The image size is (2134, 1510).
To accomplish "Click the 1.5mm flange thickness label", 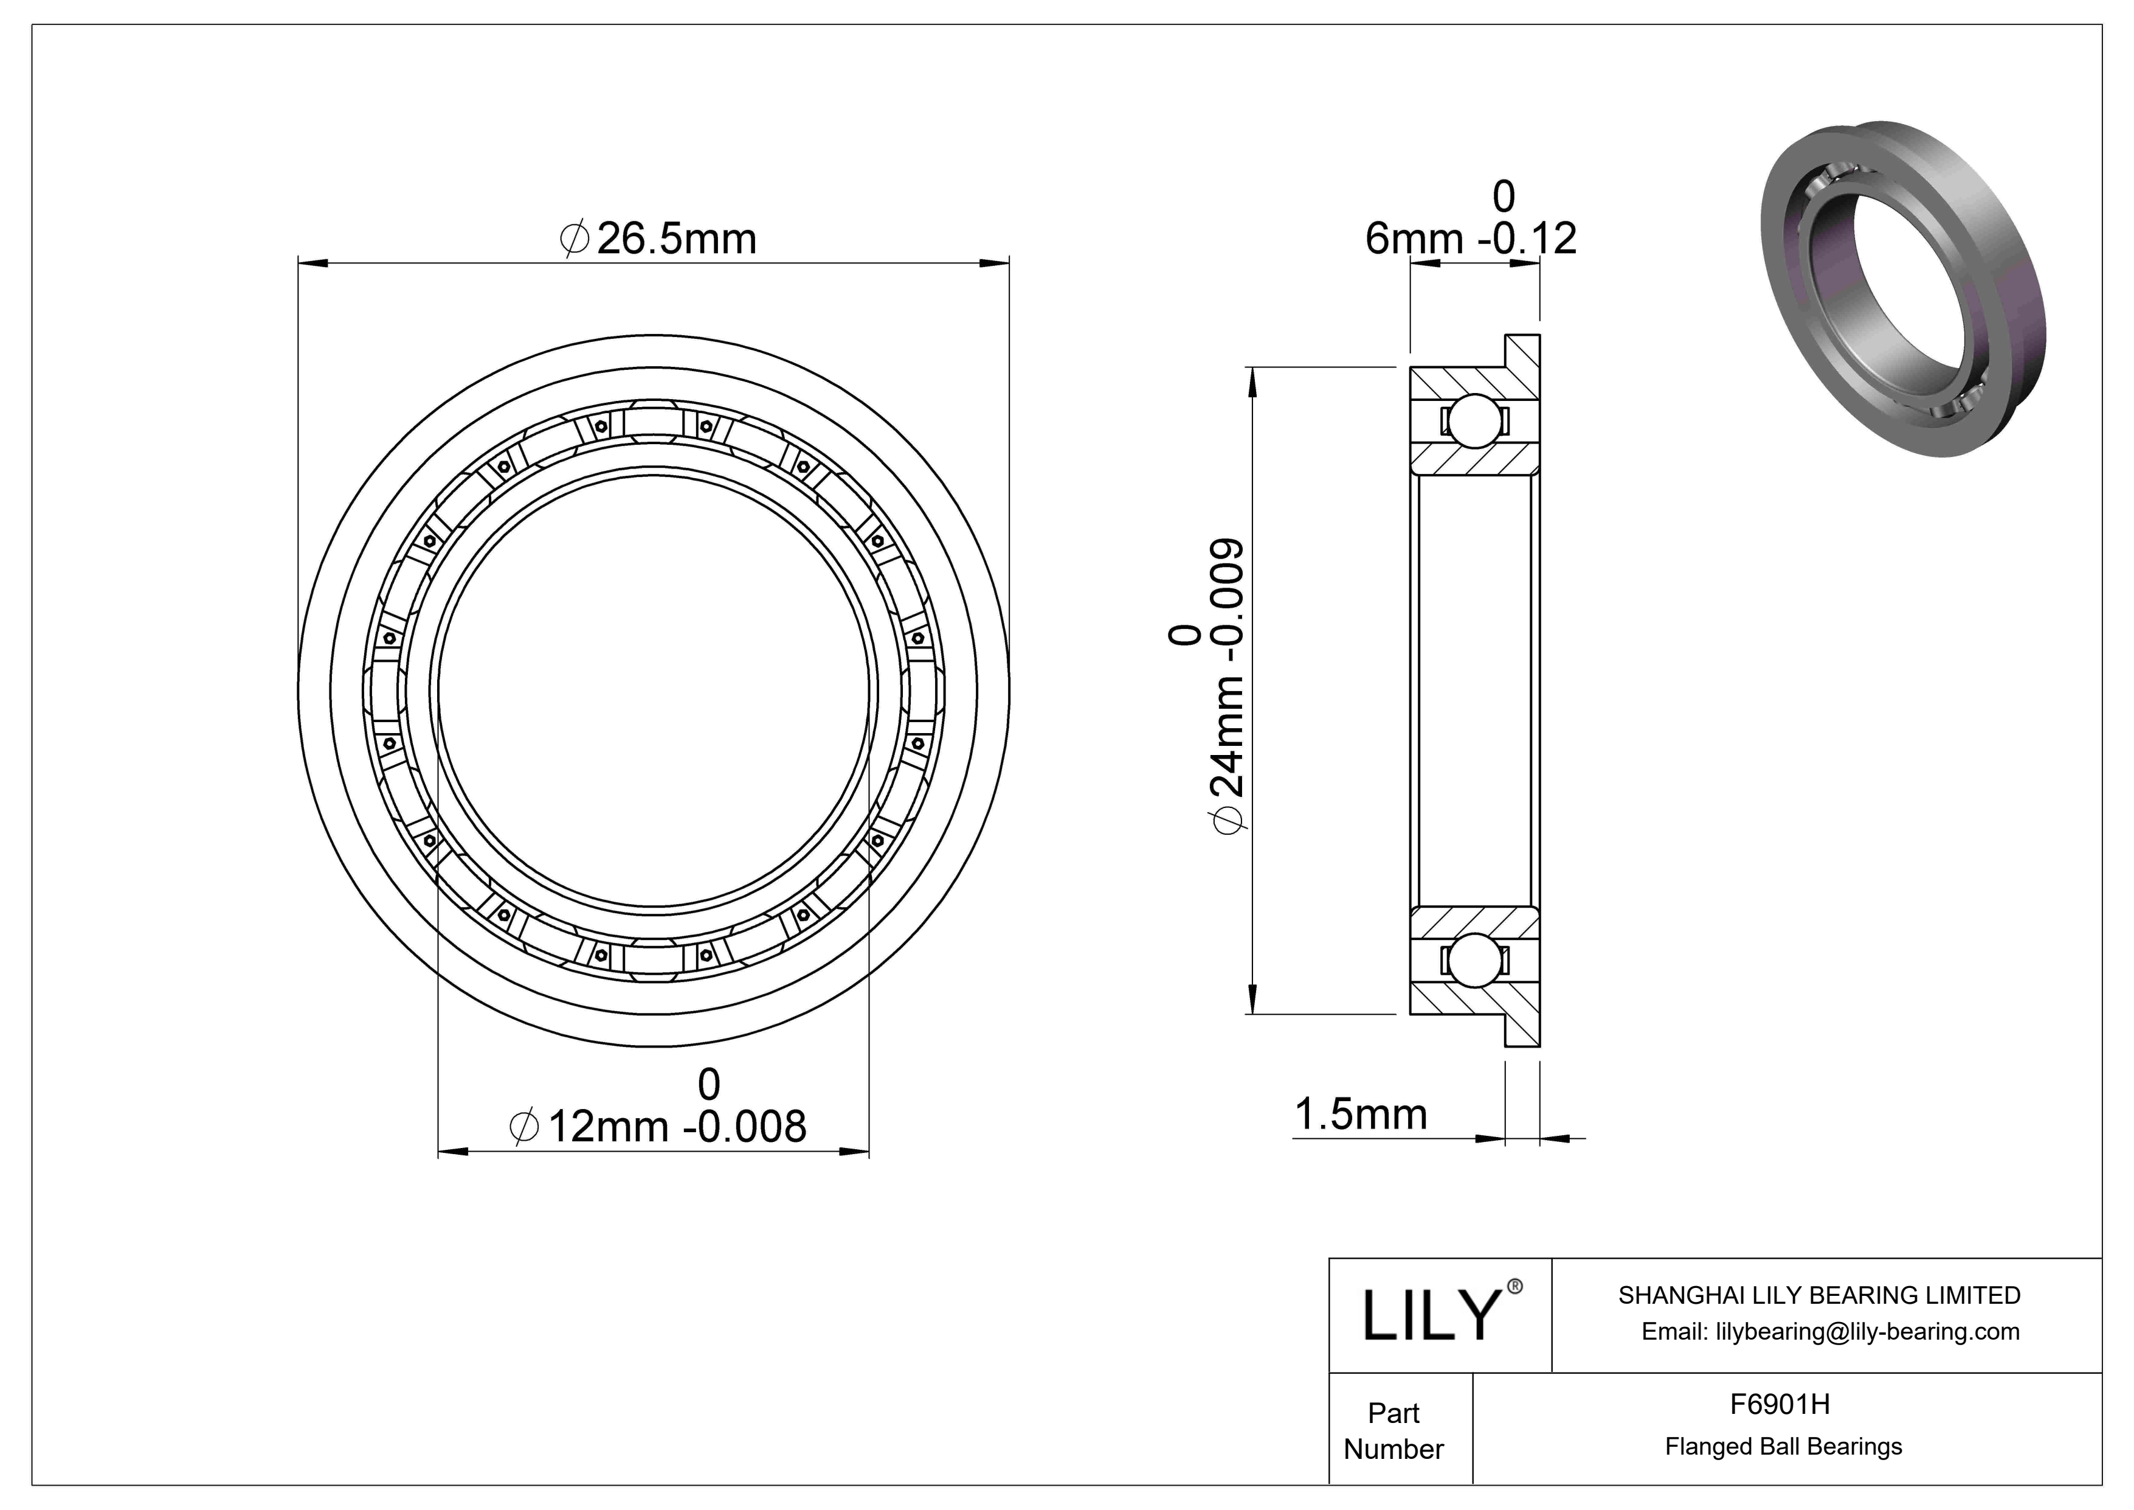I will click(1360, 1114).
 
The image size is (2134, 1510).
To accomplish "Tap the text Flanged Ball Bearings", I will click(1783, 1446).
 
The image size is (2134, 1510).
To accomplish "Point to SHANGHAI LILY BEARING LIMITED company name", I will click(1819, 1295).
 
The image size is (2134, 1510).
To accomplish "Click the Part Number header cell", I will click(1393, 1430).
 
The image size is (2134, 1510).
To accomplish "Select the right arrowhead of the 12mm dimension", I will click(855, 1153).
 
